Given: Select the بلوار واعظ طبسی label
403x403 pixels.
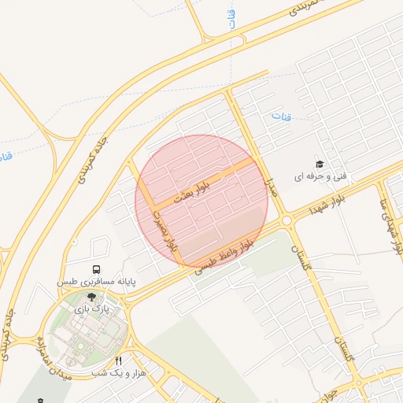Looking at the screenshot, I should (x=224, y=257).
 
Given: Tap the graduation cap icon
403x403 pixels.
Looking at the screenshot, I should (x=320, y=164).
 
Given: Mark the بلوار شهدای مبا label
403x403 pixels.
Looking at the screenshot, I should (x=390, y=224).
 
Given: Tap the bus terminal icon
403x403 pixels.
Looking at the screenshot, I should (x=96, y=269).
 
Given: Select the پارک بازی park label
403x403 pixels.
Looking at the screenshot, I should (x=90, y=310).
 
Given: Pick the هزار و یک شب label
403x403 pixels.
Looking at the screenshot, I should (x=119, y=372).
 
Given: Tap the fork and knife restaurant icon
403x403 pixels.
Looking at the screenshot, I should (x=119, y=360).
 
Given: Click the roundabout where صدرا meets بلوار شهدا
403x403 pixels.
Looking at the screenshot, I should (x=287, y=221).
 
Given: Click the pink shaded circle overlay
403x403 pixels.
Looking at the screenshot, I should (x=201, y=201).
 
